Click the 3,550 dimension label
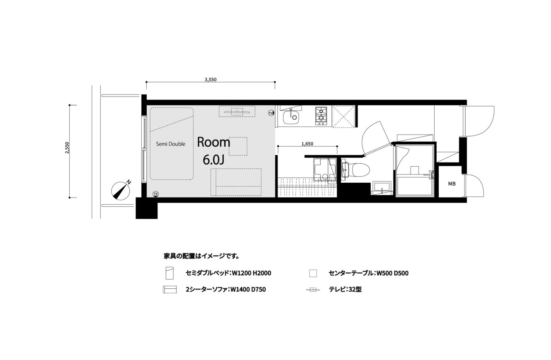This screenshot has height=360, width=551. (210, 80)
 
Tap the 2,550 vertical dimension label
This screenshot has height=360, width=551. (67, 147)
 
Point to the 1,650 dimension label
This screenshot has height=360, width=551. (307, 144)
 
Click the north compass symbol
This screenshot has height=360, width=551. (121, 191)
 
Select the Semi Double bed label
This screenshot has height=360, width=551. (170, 144)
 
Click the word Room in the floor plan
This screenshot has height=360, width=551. (213, 143)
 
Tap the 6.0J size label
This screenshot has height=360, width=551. (213, 160)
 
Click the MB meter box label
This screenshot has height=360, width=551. (452, 184)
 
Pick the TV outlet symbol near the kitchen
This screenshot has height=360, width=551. (271, 113)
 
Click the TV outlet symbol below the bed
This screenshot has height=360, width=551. (156, 194)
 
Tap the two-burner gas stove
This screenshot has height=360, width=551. (321, 116)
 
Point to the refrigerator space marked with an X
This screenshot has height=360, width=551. (343, 116)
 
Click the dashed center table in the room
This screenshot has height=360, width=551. (238, 146)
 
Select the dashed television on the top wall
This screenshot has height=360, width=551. (237, 111)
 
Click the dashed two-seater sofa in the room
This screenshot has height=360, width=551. (236, 182)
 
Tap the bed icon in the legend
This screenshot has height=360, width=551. (170, 273)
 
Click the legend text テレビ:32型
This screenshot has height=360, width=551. (346, 290)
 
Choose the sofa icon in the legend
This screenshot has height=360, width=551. (170, 290)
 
